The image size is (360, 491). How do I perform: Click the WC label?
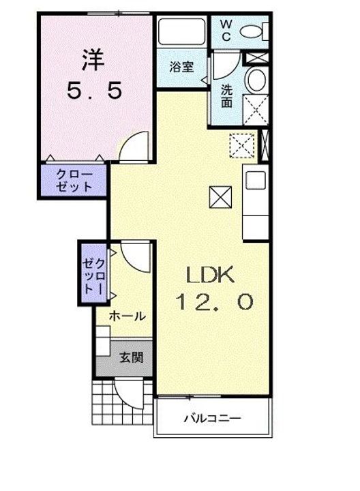(x=226, y=31)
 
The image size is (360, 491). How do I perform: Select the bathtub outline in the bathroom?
(x=181, y=31)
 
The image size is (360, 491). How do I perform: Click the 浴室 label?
(x=181, y=67)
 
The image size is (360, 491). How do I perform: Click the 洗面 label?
(x=226, y=96)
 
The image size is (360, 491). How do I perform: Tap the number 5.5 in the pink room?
(x=94, y=91)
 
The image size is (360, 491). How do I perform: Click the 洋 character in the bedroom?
(x=93, y=60)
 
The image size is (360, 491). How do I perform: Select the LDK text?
(x=211, y=275)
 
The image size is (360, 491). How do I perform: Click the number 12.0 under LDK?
(x=215, y=302)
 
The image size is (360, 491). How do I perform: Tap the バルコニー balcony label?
(x=213, y=418)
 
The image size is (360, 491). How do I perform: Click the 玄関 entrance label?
(x=132, y=357)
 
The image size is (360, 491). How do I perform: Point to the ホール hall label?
(x=127, y=316)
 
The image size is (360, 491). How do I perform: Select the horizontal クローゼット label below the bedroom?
(x=74, y=181)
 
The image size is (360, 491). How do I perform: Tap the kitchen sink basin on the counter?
(x=256, y=180)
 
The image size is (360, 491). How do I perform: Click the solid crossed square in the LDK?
(x=220, y=197)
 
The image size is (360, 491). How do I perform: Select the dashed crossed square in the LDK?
(x=242, y=146)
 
